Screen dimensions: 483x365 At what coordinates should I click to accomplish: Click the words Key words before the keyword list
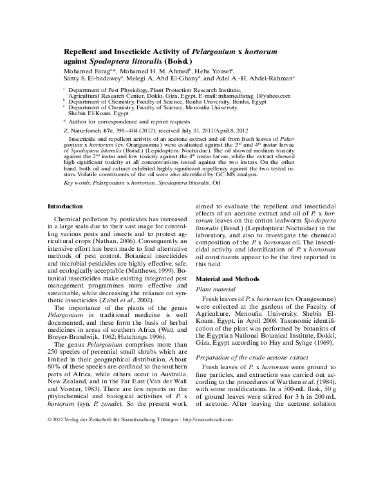77,183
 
